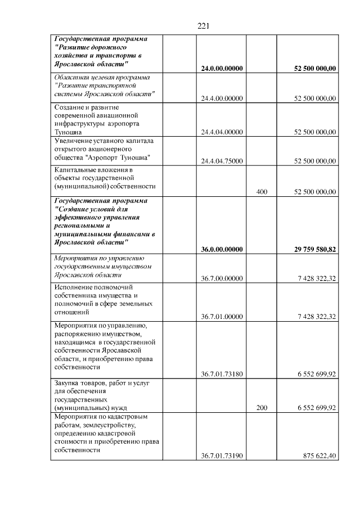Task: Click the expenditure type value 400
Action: point(262,192)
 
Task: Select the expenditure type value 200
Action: point(262,408)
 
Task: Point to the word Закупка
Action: point(67,382)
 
